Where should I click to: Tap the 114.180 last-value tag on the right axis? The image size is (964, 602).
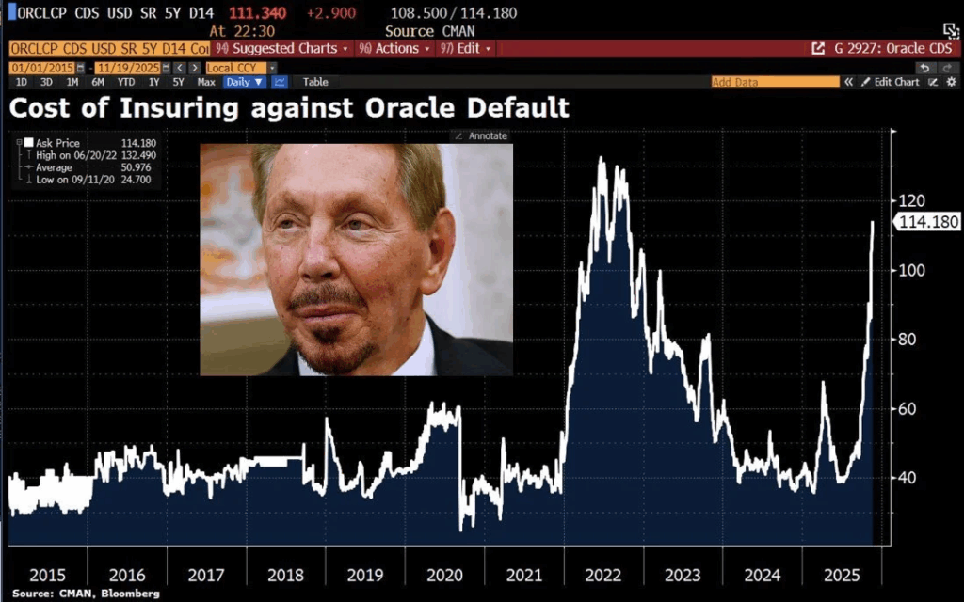point(929,222)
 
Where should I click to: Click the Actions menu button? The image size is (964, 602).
point(396,48)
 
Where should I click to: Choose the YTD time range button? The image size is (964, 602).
point(125,83)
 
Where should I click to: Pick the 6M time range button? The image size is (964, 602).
point(98,83)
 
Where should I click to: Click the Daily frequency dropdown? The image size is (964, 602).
point(244,83)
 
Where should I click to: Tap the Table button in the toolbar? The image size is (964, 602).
point(315,83)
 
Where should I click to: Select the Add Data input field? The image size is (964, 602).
point(774,83)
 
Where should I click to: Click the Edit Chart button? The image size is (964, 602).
point(895,83)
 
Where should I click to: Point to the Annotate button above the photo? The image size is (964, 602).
point(481,136)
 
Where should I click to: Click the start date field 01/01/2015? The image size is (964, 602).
point(40,68)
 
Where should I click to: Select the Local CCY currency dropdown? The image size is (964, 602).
point(241,68)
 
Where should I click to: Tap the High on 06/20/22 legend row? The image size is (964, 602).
point(89,154)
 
